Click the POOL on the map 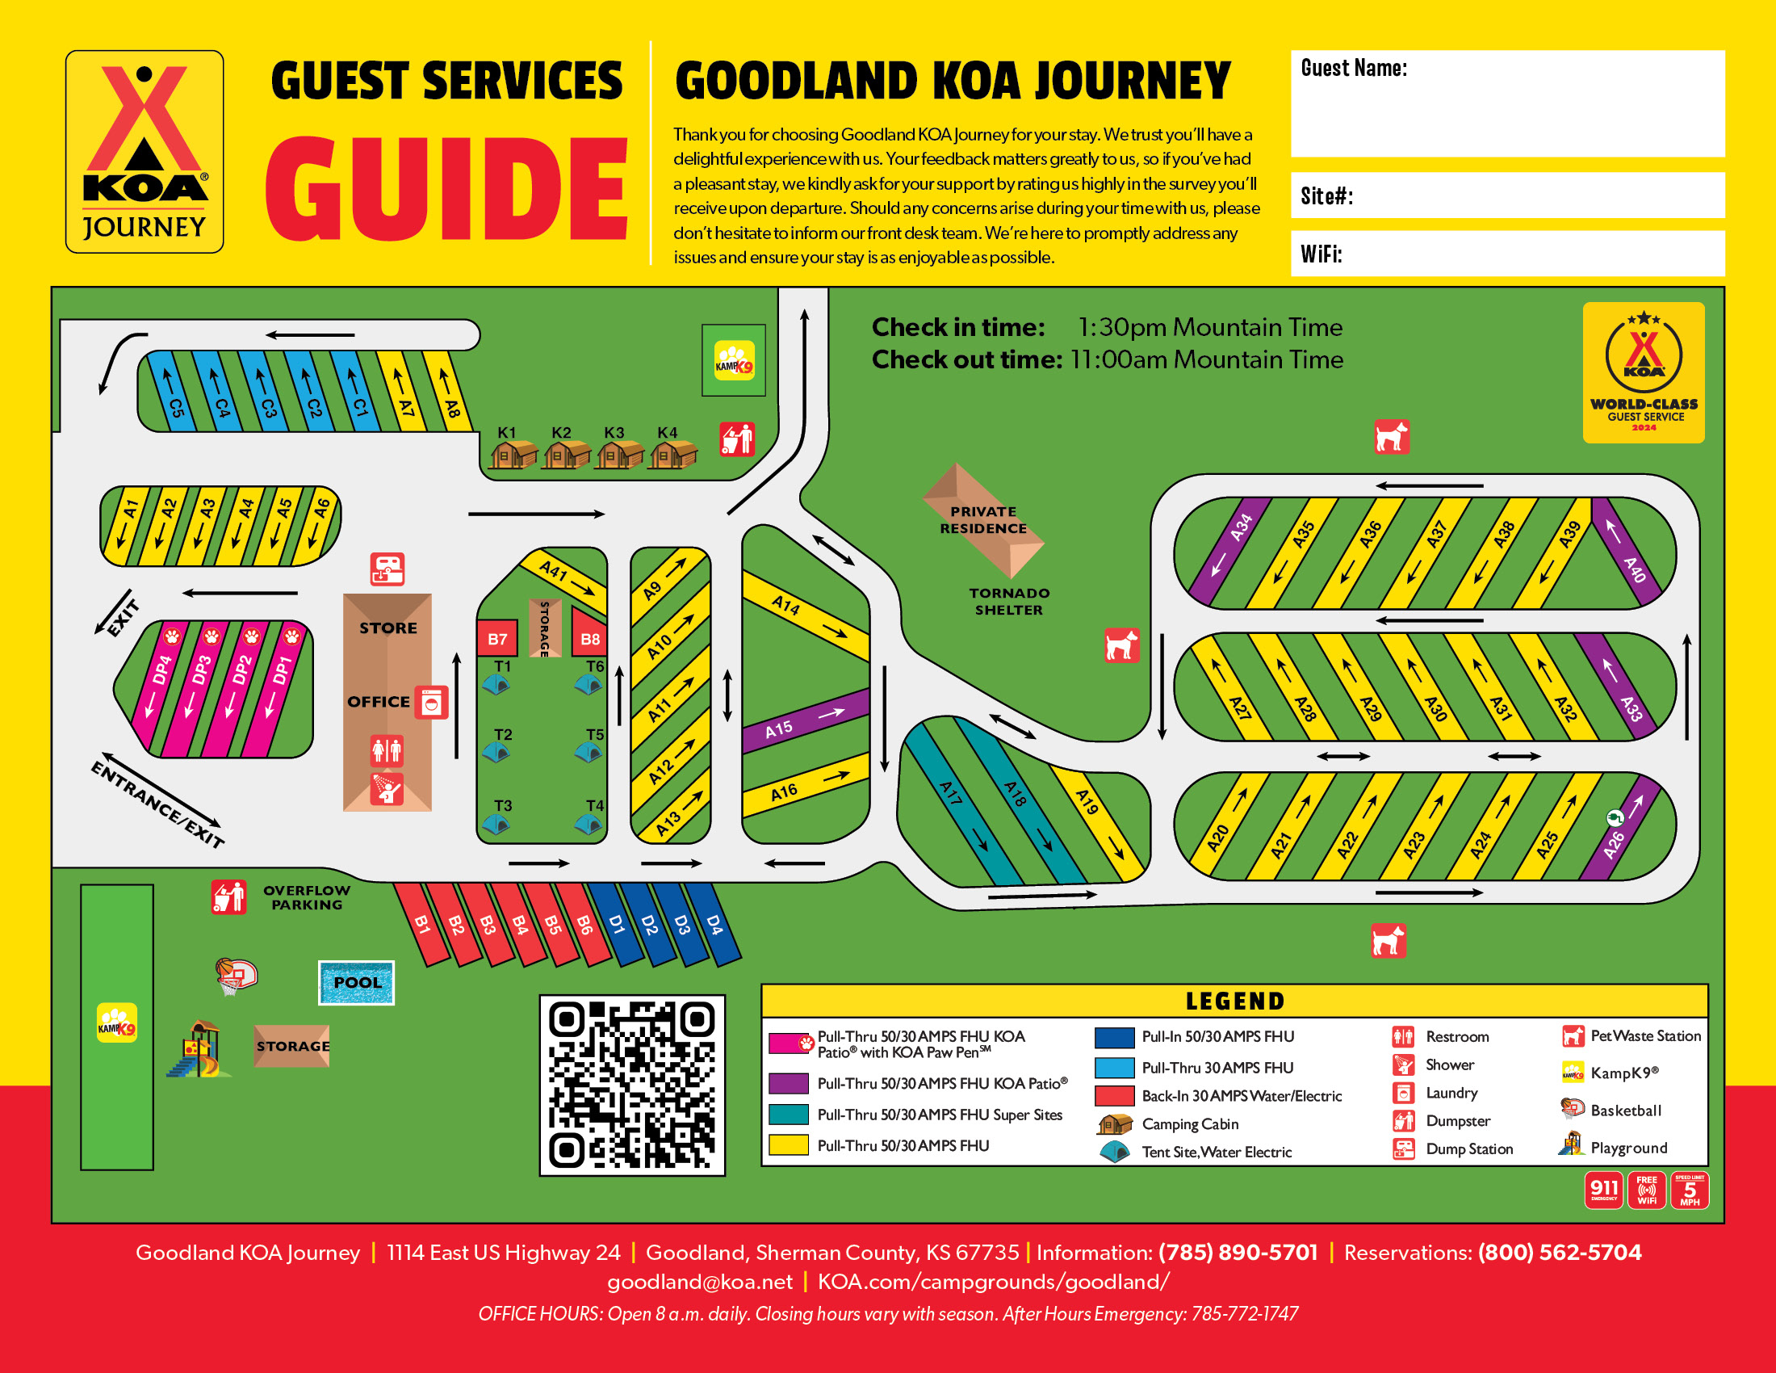coord(356,983)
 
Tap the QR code coord(632,1085)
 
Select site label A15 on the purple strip coord(778,728)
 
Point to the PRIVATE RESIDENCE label coord(983,520)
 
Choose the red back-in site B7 coord(496,640)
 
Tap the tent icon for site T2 coord(496,753)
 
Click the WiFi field coord(1507,254)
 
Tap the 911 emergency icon coord(1602,1190)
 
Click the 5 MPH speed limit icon coord(1689,1190)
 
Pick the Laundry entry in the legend coord(1451,1094)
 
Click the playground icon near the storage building coord(197,1049)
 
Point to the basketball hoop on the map coord(235,976)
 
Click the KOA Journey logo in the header coord(145,152)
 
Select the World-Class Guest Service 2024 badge coord(1643,372)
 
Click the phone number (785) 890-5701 coord(1238,1252)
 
